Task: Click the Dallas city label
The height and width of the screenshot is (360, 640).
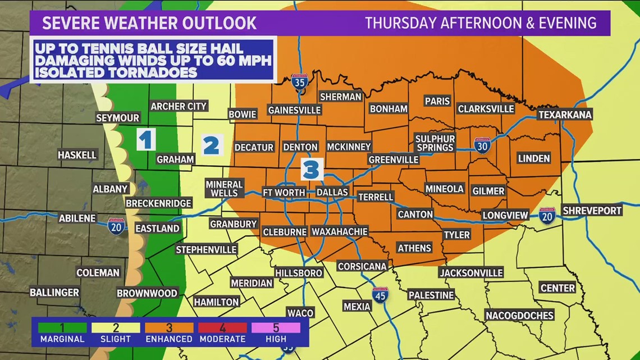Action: [332, 192]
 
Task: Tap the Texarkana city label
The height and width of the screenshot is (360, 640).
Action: [565, 115]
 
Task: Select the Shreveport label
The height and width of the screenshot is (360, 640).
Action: [592, 210]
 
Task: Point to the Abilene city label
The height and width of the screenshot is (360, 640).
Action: [77, 218]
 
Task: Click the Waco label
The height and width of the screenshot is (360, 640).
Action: [300, 313]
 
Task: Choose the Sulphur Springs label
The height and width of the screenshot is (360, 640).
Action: [435, 143]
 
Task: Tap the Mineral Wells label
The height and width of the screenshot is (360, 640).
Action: [224, 189]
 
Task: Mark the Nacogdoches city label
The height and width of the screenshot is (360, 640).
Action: [519, 315]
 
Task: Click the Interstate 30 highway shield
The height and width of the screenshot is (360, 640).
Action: [482, 145]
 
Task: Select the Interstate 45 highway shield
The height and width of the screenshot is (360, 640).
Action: [380, 295]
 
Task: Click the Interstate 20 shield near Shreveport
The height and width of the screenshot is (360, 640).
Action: [547, 216]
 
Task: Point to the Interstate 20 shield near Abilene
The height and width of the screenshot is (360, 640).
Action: [116, 226]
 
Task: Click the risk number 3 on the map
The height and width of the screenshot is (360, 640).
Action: [312, 168]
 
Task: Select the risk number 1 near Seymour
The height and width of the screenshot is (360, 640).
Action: [146, 139]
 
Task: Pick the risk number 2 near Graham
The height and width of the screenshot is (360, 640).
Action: [211, 145]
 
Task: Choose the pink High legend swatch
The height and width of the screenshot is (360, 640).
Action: [276, 327]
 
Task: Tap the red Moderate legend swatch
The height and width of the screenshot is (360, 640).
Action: [223, 327]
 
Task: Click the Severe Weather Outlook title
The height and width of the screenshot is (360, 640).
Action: [149, 23]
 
